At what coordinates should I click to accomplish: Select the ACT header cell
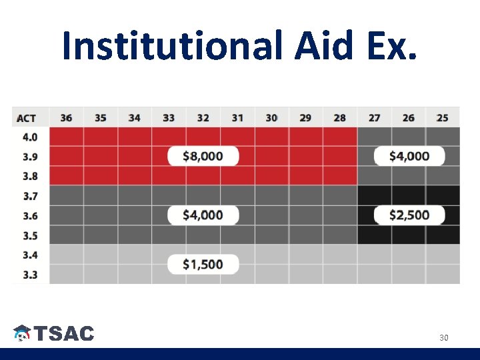(27, 118)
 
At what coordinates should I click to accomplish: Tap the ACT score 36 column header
(66, 118)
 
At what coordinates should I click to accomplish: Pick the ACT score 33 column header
(169, 118)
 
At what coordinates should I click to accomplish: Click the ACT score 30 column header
(271, 118)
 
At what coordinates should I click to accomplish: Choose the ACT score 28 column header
(339, 118)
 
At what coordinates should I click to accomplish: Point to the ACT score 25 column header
(442, 118)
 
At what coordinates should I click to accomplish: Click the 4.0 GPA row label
(30, 137)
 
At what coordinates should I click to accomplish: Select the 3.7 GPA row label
(30, 196)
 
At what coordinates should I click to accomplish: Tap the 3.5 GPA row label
(30, 235)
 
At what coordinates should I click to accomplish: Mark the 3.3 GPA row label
(30, 274)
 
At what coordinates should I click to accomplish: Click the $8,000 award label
(203, 156)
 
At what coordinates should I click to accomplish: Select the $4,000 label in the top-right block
(409, 156)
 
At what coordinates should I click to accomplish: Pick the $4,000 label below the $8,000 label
(203, 215)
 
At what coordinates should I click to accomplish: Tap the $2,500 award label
(409, 215)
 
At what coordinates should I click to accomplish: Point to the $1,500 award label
(203, 264)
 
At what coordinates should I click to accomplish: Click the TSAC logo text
(64, 334)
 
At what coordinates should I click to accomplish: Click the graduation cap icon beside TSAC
(22, 333)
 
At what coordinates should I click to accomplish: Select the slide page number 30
(443, 338)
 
